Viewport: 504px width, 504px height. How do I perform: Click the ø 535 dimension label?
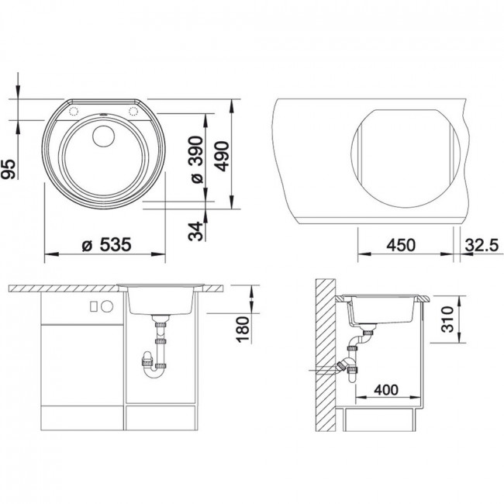(x=107, y=245)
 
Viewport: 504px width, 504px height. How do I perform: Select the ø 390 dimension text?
(x=197, y=160)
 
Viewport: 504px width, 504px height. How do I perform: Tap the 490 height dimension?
(x=222, y=156)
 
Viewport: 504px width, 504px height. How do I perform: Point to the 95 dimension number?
(x=9, y=169)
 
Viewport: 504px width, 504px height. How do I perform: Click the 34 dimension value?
(x=195, y=231)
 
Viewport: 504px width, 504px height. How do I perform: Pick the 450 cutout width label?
(x=401, y=245)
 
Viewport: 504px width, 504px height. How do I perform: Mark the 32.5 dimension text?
(x=482, y=245)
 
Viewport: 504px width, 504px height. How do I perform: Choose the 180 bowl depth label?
(x=243, y=330)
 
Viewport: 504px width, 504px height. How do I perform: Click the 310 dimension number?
(x=447, y=319)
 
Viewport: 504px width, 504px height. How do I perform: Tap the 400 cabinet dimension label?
(x=386, y=390)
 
